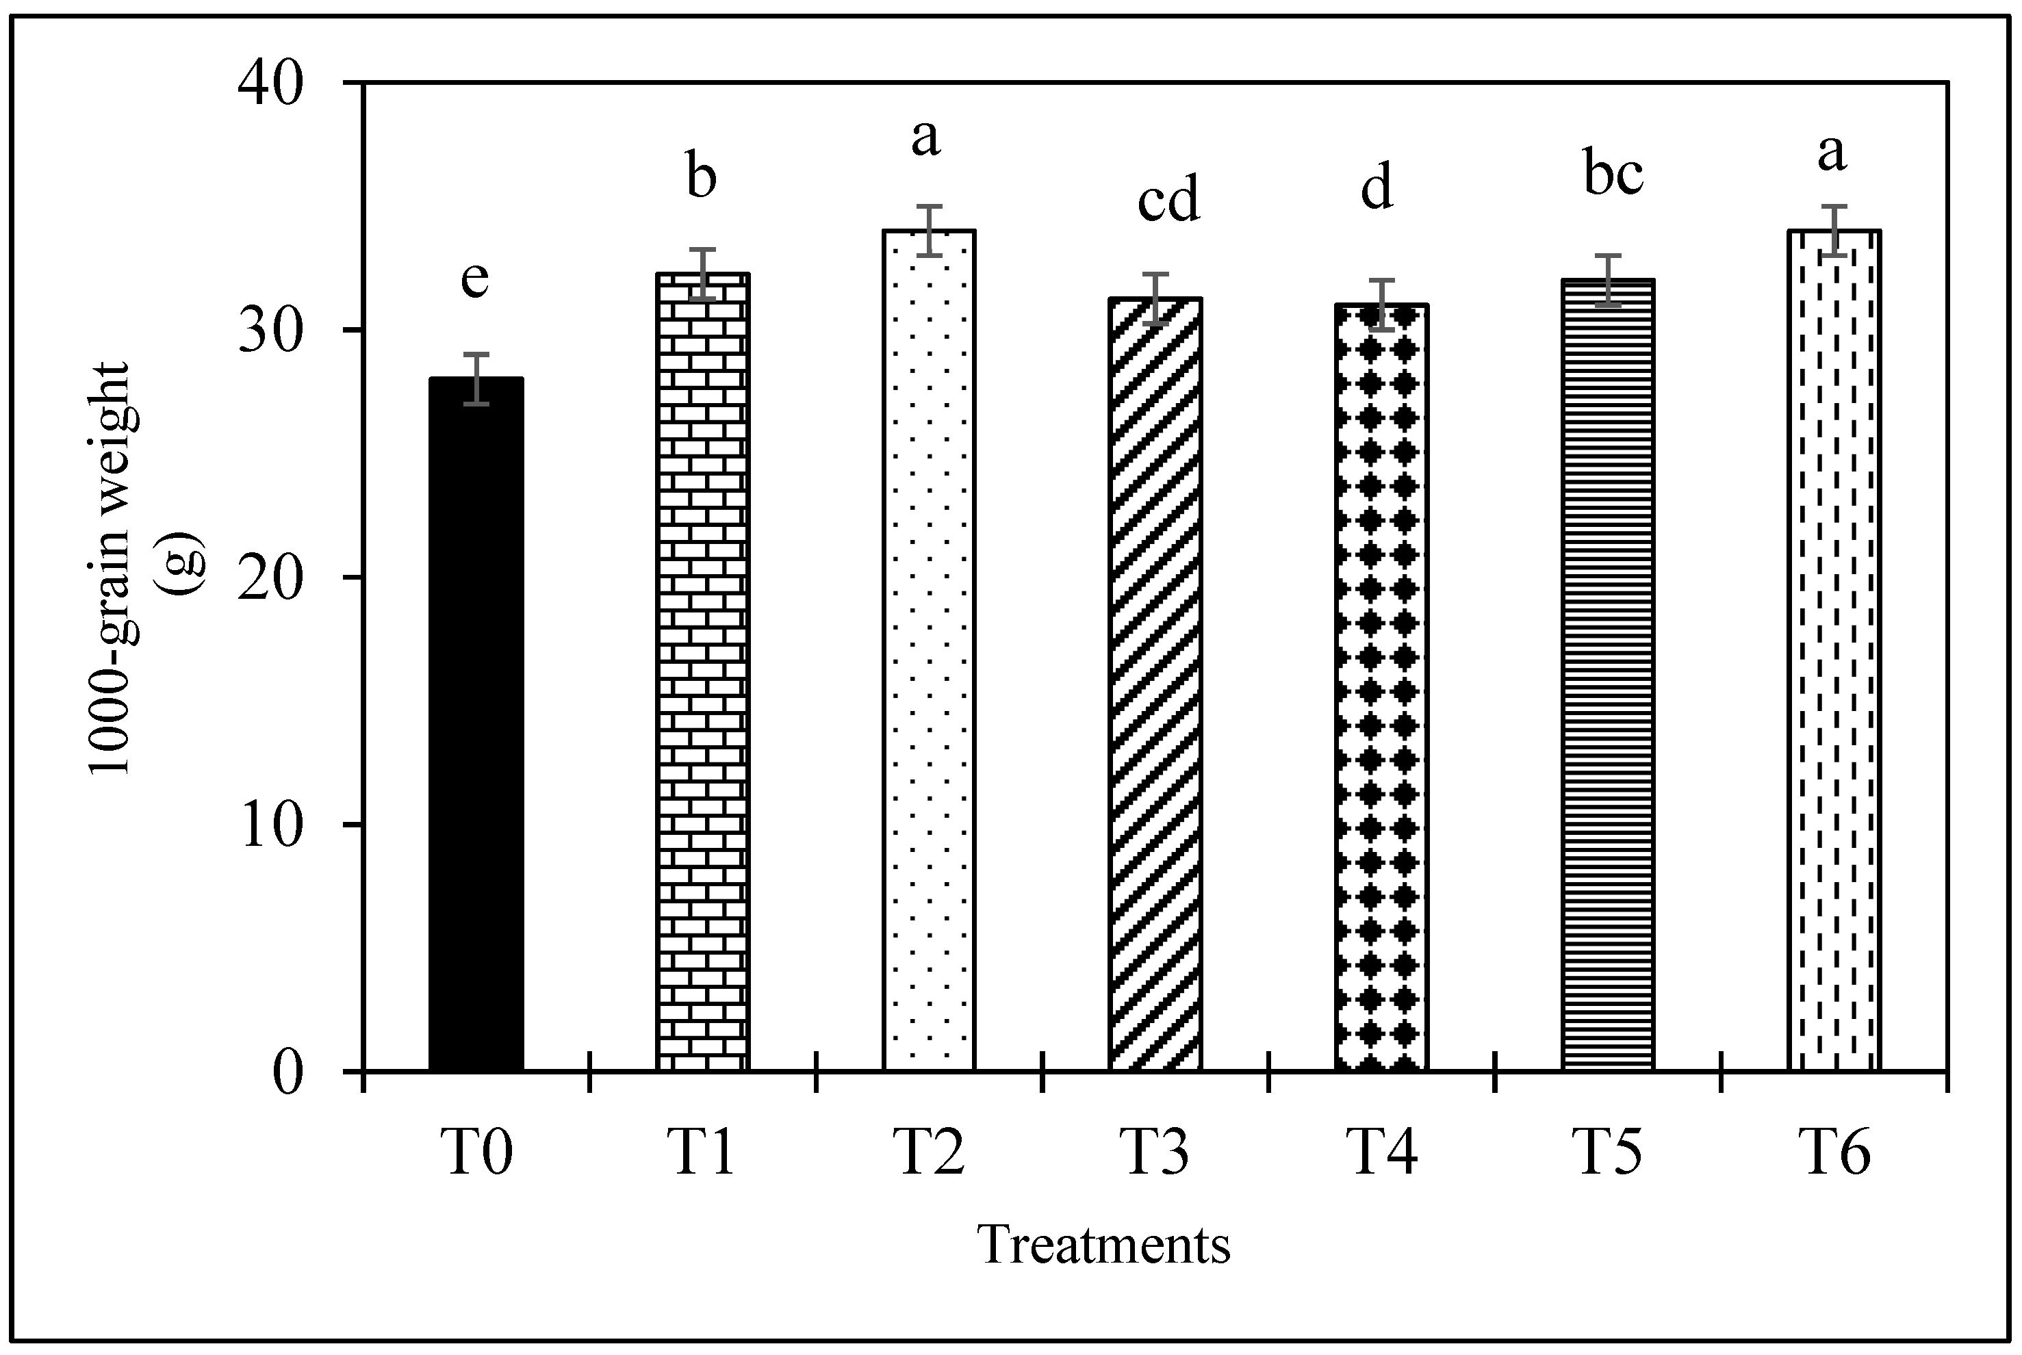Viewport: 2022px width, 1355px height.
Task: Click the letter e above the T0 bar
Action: (475, 279)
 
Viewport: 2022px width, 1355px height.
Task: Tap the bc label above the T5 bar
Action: (1613, 174)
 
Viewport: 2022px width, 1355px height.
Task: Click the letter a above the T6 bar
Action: (1832, 153)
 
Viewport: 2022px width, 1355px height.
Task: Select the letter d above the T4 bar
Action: (1377, 188)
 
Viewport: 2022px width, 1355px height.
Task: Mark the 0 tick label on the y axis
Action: (290, 1074)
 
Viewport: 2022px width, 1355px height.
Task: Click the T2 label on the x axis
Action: (931, 1154)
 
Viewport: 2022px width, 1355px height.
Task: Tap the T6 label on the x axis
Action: (1834, 1154)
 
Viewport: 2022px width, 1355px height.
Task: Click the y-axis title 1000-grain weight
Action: (111, 570)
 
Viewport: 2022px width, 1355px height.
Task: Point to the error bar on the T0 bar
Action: (476, 378)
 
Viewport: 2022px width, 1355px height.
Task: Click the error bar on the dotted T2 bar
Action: (929, 231)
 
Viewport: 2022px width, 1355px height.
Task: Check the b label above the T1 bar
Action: (702, 177)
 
